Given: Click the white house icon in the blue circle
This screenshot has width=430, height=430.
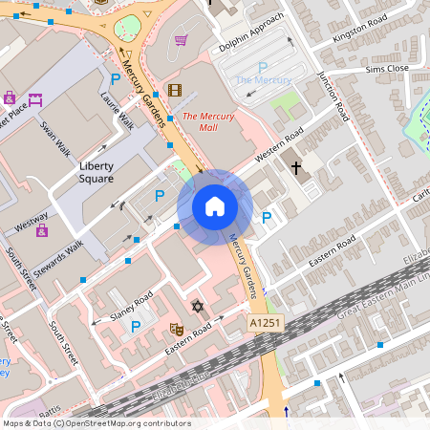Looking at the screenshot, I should pyautogui.click(x=215, y=206).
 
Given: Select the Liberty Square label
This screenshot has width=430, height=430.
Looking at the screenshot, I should pyautogui.click(x=96, y=172).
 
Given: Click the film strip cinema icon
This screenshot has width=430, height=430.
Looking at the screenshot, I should pyautogui.click(x=174, y=91).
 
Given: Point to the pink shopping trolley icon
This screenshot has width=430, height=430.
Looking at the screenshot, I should pyautogui.click(x=181, y=40).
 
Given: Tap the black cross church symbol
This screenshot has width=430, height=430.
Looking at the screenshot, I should pyautogui.click(x=296, y=168).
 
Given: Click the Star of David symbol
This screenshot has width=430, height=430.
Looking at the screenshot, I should pyautogui.click(x=198, y=307).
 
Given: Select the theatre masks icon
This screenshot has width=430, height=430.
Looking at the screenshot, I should pyautogui.click(x=176, y=328).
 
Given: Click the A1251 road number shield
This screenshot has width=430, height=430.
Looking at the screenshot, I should pyautogui.click(x=265, y=325).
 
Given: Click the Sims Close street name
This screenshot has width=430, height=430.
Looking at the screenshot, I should pyautogui.click(x=386, y=70).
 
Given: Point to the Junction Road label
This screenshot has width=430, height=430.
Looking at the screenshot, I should pyautogui.click(x=335, y=96).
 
